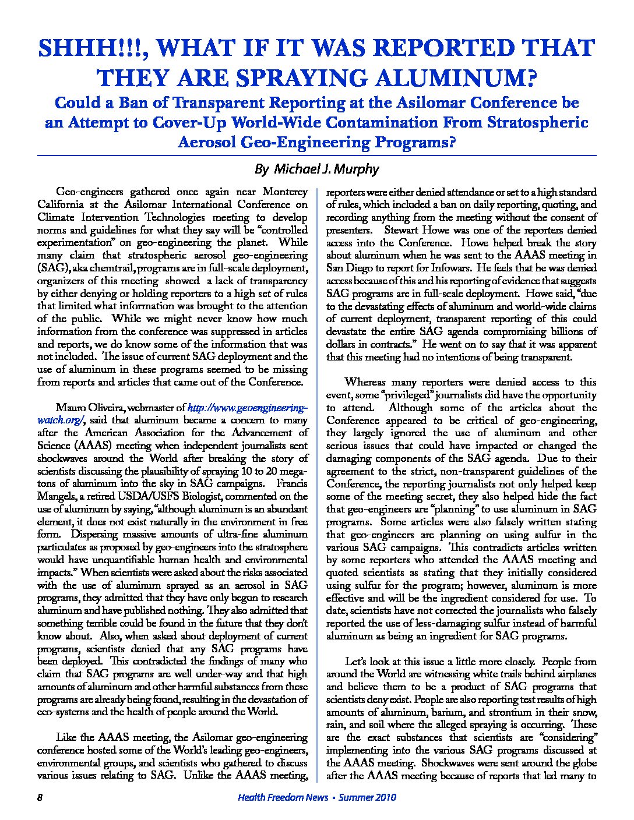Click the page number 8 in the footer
point(40,797)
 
